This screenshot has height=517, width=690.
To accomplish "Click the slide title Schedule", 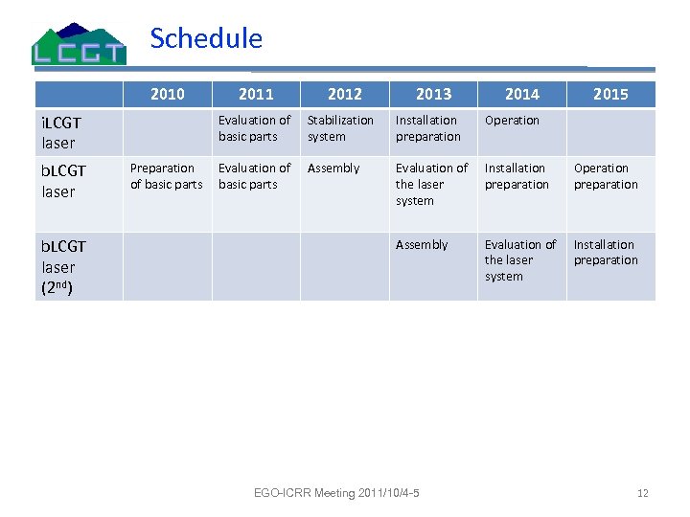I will pos(206,38).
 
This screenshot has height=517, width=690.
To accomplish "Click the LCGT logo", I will pos(79,44).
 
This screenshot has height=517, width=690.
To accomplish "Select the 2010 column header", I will pos(168,94).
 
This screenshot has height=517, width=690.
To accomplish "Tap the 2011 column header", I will pos(256,94).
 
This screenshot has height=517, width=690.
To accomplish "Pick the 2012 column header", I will pos(344,94).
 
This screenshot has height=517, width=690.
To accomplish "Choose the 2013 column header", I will pos(433,94).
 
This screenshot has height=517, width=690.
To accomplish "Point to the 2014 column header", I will pos(521,94).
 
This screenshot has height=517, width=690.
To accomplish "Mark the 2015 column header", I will pos(610,94).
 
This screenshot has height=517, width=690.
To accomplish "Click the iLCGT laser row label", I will pos(59,133).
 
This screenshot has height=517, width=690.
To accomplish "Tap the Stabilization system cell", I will pos(340,128).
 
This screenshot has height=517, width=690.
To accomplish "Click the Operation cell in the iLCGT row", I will pos(512,121).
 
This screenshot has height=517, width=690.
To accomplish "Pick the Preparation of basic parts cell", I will pos(167,176).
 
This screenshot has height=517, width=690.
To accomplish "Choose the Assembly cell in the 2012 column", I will pos(333,169).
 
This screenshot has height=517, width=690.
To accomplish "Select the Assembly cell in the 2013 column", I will pos(422,245).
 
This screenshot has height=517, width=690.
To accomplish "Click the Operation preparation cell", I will pos(606,176).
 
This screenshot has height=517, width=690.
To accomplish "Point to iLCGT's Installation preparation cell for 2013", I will pos(428,128).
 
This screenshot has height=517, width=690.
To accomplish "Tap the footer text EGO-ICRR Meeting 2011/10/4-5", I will pos(336,493).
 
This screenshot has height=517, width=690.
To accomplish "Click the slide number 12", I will pos(643,493).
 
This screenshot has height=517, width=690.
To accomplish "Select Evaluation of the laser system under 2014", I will pos(519,260).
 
